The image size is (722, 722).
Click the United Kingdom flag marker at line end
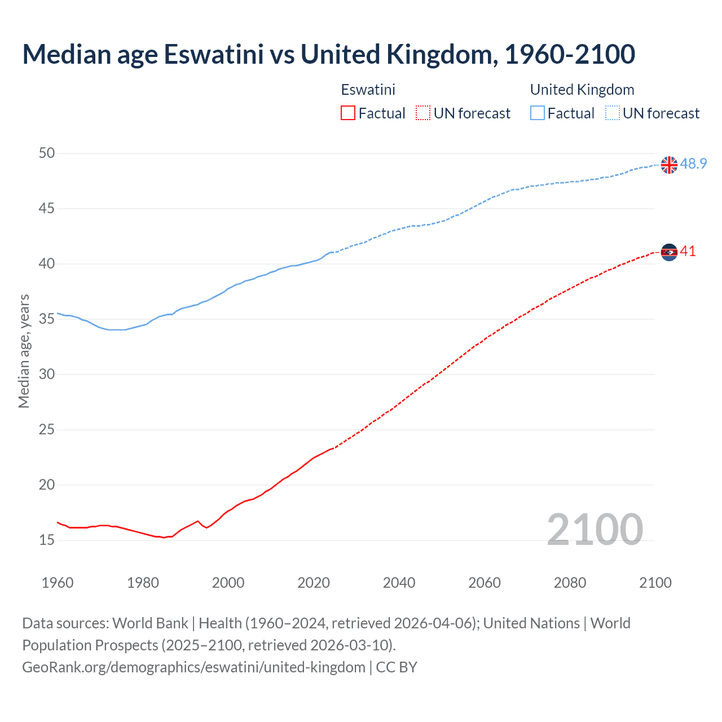coord(669,165)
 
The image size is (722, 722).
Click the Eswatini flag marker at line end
coord(669,252)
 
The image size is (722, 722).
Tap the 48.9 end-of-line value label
coord(693,164)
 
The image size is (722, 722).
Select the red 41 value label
coord(688,251)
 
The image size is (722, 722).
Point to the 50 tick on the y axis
coord(47,153)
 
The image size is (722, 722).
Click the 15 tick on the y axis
coord(47,540)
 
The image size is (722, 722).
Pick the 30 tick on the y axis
coord(47,374)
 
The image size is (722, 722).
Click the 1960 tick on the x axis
coord(58,583)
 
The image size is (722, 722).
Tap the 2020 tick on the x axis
coord(314,583)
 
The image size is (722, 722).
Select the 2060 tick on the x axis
coord(485,583)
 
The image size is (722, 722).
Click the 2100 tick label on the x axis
coord(655,583)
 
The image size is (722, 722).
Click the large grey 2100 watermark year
coord(595,529)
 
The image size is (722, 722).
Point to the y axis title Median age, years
coord(24,351)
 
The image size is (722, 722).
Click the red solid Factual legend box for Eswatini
coord(348,113)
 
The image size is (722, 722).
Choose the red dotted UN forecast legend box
coord(423,113)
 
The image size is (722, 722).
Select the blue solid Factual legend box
coord(538,113)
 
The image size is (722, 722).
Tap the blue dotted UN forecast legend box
coord(613,113)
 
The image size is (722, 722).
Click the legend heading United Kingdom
coord(582,90)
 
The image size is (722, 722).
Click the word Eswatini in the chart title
coord(213,54)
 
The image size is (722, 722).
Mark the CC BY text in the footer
coord(397,667)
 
